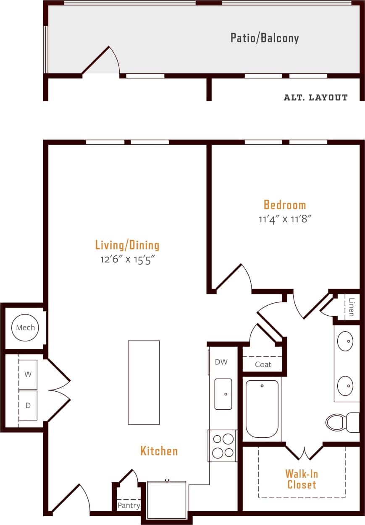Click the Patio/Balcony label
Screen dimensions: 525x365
[x=265, y=38]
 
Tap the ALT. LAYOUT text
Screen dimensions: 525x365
[x=315, y=97]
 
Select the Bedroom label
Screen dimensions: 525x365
[x=285, y=205]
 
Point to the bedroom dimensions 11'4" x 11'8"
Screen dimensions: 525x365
[x=285, y=219]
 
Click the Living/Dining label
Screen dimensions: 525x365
[x=127, y=244]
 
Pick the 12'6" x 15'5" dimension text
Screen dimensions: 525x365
[x=127, y=259]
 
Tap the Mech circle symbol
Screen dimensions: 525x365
[x=25, y=327]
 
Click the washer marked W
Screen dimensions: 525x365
[x=28, y=374]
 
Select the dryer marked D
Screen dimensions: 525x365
[x=28, y=405]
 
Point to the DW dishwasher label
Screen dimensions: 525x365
[x=221, y=362]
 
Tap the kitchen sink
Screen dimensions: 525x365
[x=223, y=394]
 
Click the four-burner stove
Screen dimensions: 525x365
[x=223, y=446]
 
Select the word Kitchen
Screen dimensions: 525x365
[x=159, y=451]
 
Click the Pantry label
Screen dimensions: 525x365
[x=129, y=505]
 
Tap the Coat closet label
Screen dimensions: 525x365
[x=263, y=364]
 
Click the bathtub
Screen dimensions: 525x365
[x=262, y=409]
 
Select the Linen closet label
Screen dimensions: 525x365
[x=351, y=307]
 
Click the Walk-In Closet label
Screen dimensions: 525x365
[x=302, y=479]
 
